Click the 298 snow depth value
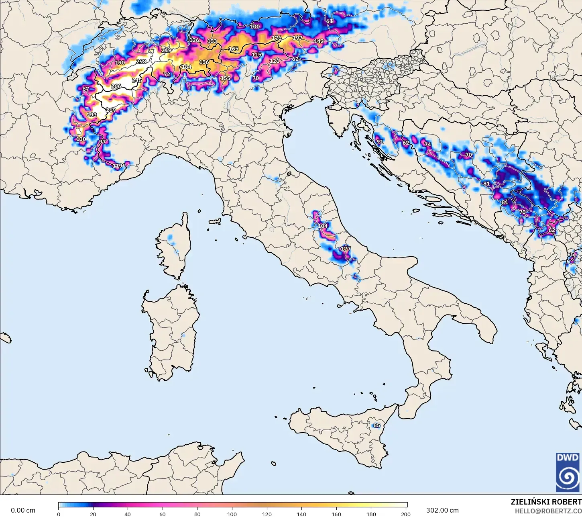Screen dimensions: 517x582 pos(141,61)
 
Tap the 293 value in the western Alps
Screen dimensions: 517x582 pos(92,115)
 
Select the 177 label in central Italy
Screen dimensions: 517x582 pos(346,249)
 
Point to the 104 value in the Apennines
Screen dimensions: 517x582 pos(323,226)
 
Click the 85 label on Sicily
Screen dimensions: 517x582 pos(376,425)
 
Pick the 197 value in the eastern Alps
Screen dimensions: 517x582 pos(297,38)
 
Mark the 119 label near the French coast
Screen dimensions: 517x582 pos(117,166)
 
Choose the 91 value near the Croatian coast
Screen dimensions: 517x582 pos(380,142)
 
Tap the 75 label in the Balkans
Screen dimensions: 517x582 pos(522,212)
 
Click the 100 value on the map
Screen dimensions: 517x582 pos(255,27)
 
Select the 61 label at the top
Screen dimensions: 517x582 pos(330,21)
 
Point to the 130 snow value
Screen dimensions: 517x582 pos(81,139)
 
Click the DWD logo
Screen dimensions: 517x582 pos(568,472)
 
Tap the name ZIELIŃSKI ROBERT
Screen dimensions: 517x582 pos(546,502)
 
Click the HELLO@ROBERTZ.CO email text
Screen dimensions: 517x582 pos(548,511)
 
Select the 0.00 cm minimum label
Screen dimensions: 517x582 pos(23,510)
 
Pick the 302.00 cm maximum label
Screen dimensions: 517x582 pos(442,510)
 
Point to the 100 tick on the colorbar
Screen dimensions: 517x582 pos(232,514)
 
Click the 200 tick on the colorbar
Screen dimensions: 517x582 pos(406,514)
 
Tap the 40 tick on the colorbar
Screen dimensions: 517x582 pos(128,514)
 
